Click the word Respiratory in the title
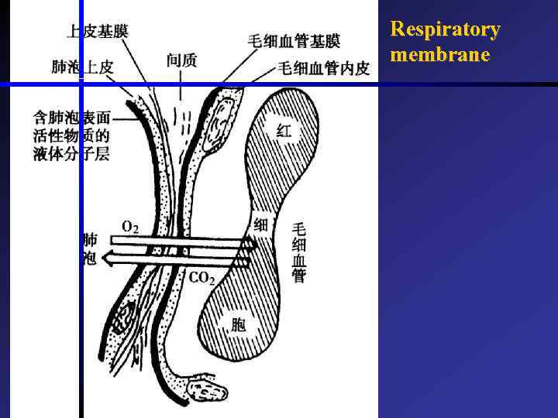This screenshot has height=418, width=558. (445, 29)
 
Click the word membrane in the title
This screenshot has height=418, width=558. (440, 55)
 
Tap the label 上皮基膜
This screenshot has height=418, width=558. (97, 31)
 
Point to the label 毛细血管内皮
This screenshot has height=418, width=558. (323, 68)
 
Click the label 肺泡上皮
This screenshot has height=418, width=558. (82, 67)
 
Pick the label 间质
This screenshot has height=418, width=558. (181, 60)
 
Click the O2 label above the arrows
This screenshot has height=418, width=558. (131, 227)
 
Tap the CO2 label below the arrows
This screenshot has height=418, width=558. (201, 278)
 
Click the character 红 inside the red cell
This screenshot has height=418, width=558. (284, 131)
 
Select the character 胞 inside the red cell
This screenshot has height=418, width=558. (238, 325)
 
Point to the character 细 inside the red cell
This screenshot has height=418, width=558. (261, 225)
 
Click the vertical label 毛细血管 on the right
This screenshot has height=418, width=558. (299, 252)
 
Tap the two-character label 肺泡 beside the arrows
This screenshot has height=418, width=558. (90, 249)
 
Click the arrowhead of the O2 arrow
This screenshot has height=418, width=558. (250, 245)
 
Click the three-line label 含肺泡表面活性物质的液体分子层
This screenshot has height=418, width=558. (71, 135)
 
